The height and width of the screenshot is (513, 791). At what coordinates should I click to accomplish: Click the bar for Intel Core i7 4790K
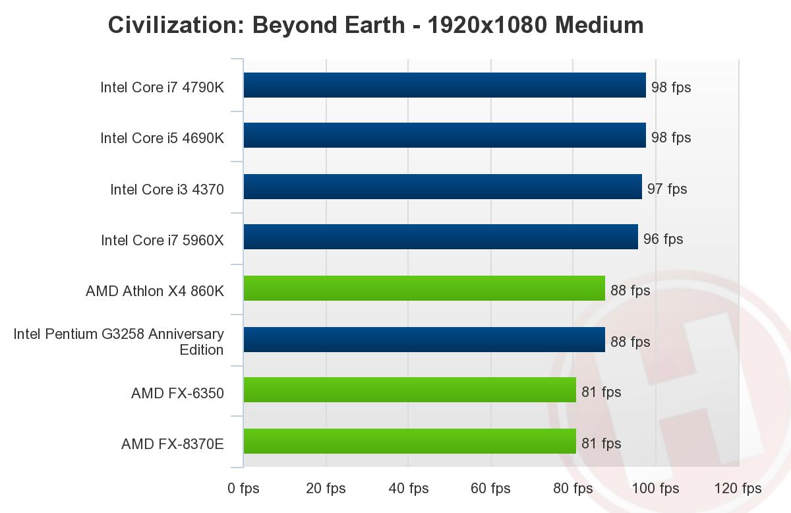tap(444, 85)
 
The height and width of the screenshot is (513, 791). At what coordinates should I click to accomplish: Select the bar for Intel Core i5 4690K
tap(444, 135)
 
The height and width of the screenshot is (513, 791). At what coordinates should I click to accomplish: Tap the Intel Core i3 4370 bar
tap(442, 187)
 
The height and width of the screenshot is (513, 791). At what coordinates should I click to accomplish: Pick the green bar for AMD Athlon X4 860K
tap(424, 288)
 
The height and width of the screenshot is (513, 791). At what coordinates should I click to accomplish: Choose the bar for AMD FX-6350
tap(409, 390)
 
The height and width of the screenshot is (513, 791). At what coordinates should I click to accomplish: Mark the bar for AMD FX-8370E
tap(409, 441)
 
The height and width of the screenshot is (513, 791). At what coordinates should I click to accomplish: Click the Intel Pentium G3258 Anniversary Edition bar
tap(424, 340)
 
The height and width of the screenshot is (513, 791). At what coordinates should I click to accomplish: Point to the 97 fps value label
tap(667, 189)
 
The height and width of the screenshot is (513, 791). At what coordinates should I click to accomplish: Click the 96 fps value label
tap(663, 239)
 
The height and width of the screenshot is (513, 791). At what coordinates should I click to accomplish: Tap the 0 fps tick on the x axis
tap(243, 489)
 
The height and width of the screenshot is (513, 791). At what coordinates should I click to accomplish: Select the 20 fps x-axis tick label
tap(326, 489)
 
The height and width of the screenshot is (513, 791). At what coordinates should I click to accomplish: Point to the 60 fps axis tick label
tap(490, 489)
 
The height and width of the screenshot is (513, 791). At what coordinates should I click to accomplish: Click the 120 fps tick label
tap(738, 489)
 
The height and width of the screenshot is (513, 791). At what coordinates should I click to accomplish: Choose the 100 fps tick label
tap(656, 489)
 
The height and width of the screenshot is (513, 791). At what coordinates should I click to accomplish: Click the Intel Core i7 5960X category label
tap(162, 241)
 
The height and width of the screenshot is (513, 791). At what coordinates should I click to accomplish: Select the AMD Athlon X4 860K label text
tap(155, 291)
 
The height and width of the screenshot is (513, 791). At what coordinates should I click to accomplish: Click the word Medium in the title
tap(599, 25)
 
